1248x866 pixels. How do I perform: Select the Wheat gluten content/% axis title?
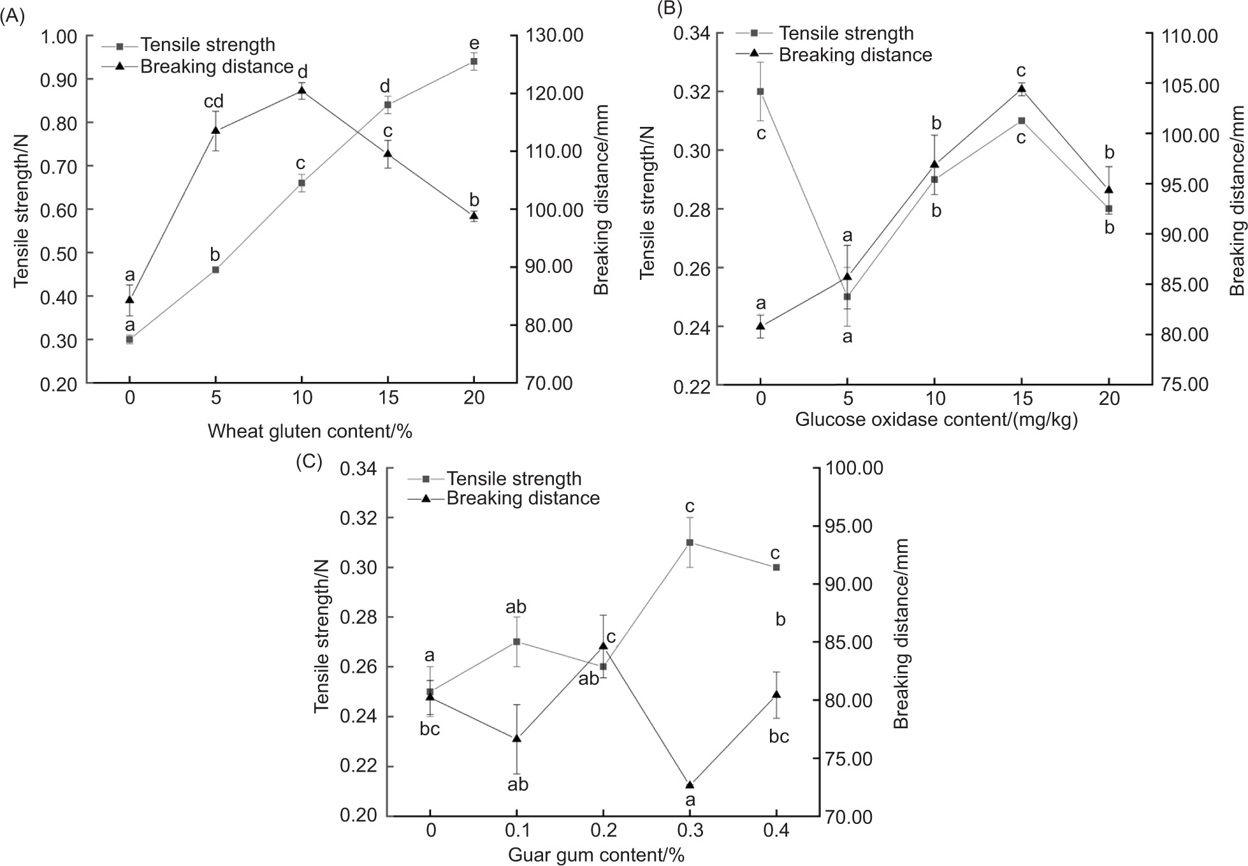310,432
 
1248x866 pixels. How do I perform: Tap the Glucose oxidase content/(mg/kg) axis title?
936,420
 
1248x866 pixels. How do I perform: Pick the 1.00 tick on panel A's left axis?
59,36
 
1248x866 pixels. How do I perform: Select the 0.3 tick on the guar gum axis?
690,830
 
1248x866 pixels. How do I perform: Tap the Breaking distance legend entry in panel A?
216,66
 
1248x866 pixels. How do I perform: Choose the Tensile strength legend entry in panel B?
846,33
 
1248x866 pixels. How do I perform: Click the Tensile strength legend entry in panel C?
514,478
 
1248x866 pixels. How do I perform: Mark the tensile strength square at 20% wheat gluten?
474,61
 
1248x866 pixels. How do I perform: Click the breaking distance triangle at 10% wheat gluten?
302,91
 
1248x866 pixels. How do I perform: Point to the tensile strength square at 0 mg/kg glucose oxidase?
760,91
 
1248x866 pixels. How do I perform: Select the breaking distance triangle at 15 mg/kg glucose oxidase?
1022,89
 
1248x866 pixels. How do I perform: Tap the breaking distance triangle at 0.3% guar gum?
690,784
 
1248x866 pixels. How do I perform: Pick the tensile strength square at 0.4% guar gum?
776,567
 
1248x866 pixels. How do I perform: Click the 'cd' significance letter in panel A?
213,101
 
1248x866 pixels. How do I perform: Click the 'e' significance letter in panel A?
474,43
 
